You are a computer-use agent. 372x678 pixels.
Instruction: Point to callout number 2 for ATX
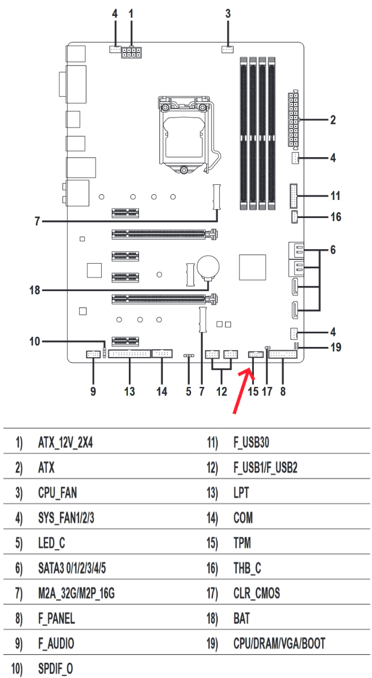point(333,120)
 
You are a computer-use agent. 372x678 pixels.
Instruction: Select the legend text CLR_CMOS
point(256,593)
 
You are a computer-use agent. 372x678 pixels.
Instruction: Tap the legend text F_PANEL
point(57,619)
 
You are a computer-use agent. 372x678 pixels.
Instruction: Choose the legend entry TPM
point(242,543)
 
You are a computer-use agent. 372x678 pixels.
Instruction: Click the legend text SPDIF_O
point(56,669)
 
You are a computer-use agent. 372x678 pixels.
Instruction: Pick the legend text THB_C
point(247,568)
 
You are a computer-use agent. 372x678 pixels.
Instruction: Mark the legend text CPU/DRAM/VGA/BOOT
point(279,644)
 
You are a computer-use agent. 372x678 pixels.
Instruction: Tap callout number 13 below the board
point(130,392)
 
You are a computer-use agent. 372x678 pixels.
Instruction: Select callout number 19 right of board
point(336,347)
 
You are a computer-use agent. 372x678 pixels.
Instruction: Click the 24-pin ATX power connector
point(293,119)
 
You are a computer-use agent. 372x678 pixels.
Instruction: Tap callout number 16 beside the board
point(336,217)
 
